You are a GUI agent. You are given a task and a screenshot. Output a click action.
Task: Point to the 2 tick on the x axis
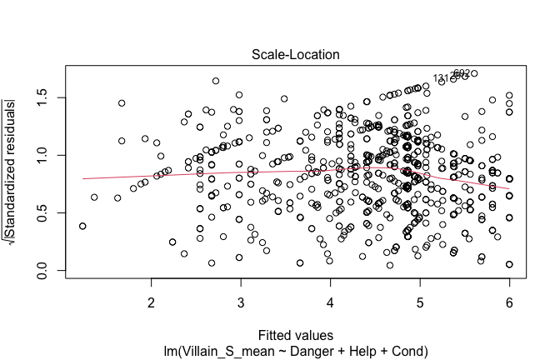(x=151, y=301)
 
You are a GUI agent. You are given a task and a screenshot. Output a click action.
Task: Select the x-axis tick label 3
(x=240, y=301)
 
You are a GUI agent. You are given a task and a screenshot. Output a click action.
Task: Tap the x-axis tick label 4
(x=330, y=301)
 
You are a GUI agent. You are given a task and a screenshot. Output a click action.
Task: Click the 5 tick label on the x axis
(x=420, y=301)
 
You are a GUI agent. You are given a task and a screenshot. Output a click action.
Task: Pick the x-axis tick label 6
(x=509, y=301)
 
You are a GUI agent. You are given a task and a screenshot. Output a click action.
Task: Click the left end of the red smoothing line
(x=82, y=178)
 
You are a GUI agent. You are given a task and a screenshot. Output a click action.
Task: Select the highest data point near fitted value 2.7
(x=216, y=81)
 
